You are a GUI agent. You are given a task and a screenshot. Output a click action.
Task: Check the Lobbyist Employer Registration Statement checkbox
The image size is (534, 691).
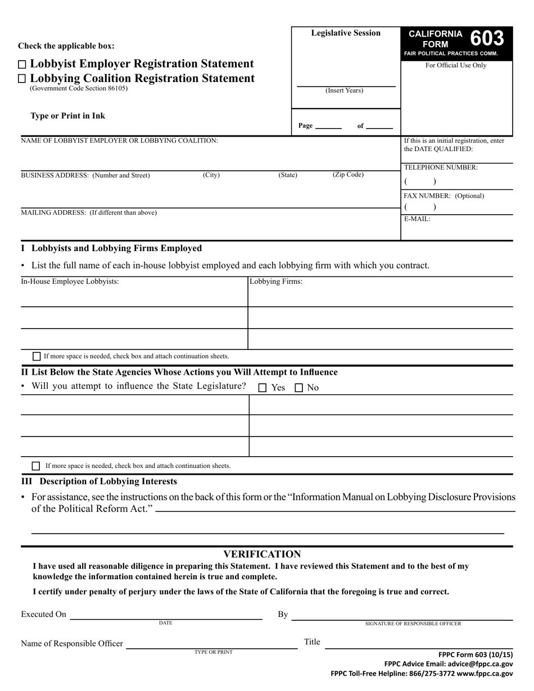coord(22,65)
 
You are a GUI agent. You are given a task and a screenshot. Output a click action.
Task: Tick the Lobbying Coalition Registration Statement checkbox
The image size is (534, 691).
coord(22,79)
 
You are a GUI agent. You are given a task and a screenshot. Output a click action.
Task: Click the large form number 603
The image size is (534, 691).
coord(486,39)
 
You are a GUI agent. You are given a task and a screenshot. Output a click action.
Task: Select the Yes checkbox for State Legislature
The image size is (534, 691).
coord(263,388)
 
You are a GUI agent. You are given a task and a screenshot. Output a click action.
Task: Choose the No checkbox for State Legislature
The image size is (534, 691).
coord(299,388)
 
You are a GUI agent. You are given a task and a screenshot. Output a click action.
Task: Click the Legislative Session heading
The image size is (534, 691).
coord(346,33)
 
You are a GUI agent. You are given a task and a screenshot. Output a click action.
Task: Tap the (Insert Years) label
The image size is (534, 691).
coord(345,90)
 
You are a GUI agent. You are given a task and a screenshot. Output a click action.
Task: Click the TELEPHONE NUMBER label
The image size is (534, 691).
coord(441,167)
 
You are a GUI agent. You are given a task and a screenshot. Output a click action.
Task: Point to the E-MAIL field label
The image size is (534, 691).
coord(417,219)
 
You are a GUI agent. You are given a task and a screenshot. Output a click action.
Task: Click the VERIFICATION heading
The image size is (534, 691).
coord(262,554)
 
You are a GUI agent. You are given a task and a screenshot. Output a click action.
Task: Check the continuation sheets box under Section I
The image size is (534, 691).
coord(37,356)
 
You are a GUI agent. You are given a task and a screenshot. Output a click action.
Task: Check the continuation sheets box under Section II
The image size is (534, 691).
coord(37,466)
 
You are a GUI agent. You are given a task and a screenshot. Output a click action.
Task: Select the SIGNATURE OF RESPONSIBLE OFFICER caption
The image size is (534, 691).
coord(413,624)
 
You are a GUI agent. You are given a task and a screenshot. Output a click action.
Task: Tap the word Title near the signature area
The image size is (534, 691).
coord(312,642)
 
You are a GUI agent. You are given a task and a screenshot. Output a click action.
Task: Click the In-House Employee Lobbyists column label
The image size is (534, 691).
coord(70,281)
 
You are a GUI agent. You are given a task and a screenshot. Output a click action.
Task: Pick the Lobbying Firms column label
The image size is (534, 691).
coord(276,281)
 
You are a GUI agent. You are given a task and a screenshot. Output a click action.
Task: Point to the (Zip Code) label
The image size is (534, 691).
coord(348,175)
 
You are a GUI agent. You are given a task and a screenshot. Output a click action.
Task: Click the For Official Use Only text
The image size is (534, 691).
coord(456,65)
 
